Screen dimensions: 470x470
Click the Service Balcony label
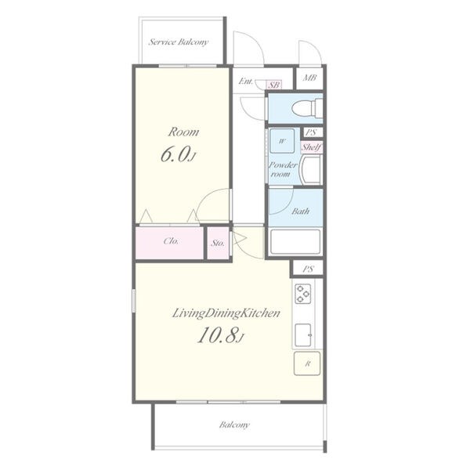click(179, 42)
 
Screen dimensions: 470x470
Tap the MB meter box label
click(309, 78)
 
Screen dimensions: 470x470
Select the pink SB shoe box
click(274, 85)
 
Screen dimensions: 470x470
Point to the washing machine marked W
click(282, 141)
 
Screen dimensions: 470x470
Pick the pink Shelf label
click(312, 147)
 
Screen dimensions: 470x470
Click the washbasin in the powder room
click(312, 170)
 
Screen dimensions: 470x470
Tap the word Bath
click(300, 211)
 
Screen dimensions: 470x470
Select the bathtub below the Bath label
click(295, 241)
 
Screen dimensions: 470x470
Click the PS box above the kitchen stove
click(308, 269)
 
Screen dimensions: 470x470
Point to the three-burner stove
click(302, 294)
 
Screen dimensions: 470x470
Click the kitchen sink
click(303, 335)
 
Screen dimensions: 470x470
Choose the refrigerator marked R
click(307, 363)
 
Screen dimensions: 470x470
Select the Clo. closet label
click(171, 241)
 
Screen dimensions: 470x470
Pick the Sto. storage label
click(218, 243)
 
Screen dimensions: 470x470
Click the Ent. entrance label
click(246, 81)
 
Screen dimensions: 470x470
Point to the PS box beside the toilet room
click(311, 132)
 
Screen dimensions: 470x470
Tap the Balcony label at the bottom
click(234, 425)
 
